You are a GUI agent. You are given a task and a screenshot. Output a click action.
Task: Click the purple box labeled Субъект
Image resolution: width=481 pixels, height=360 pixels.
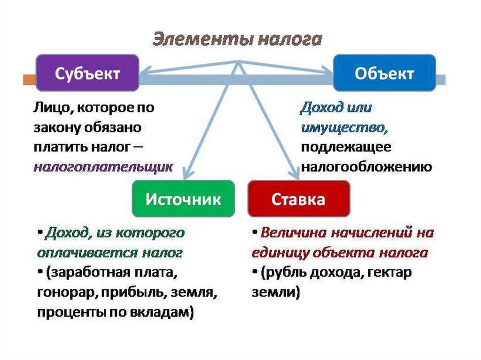87,73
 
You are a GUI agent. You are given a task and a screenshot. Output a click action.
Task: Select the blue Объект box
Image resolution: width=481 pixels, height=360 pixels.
384,73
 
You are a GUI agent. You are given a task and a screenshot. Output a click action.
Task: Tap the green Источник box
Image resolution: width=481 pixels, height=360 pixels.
183,199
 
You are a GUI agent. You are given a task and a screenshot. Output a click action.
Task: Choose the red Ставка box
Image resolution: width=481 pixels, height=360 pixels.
298,199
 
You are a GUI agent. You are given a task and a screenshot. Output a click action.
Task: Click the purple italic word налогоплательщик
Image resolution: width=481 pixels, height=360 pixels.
103,167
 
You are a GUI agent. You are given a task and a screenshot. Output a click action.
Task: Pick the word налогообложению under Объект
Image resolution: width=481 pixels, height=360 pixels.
366,167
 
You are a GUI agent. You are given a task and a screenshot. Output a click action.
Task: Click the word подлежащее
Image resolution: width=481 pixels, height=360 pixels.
346,147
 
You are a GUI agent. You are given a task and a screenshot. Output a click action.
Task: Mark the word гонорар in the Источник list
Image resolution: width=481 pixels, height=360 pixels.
65,293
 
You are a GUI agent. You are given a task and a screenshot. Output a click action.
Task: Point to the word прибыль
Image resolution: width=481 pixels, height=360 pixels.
128,293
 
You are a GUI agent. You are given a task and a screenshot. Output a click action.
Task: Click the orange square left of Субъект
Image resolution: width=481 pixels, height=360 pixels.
29,79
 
